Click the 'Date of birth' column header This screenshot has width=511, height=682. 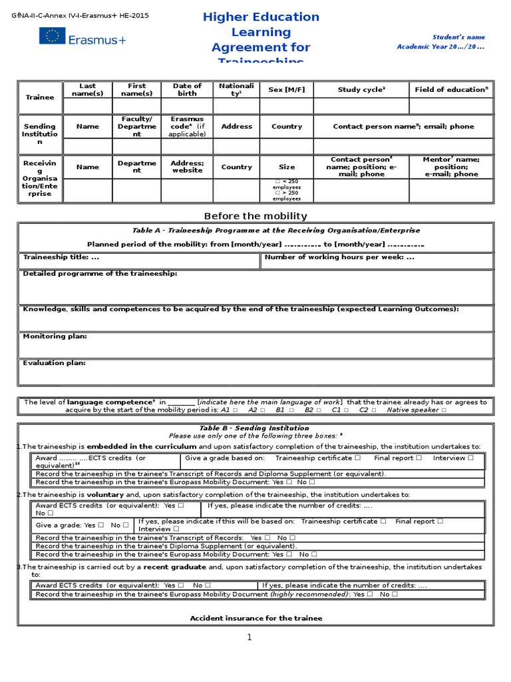[187, 89]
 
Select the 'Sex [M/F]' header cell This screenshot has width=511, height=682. [286, 89]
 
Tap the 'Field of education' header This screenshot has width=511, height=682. [451, 89]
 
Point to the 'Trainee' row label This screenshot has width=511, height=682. [39, 97]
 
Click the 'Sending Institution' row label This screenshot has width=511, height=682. [39, 134]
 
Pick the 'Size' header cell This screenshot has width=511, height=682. [286, 167]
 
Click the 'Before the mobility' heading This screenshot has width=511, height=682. [255, 216]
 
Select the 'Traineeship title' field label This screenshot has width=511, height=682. [61, 256]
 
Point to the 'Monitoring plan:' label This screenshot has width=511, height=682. [55, 336]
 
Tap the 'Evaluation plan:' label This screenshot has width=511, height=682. [55, 363]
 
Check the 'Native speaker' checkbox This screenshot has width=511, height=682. [444, 410]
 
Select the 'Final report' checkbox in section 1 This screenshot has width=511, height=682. [419, 458]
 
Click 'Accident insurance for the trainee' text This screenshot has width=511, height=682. [256, 618]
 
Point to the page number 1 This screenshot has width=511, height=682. [250, 637]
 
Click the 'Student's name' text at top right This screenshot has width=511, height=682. [458, 37]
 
